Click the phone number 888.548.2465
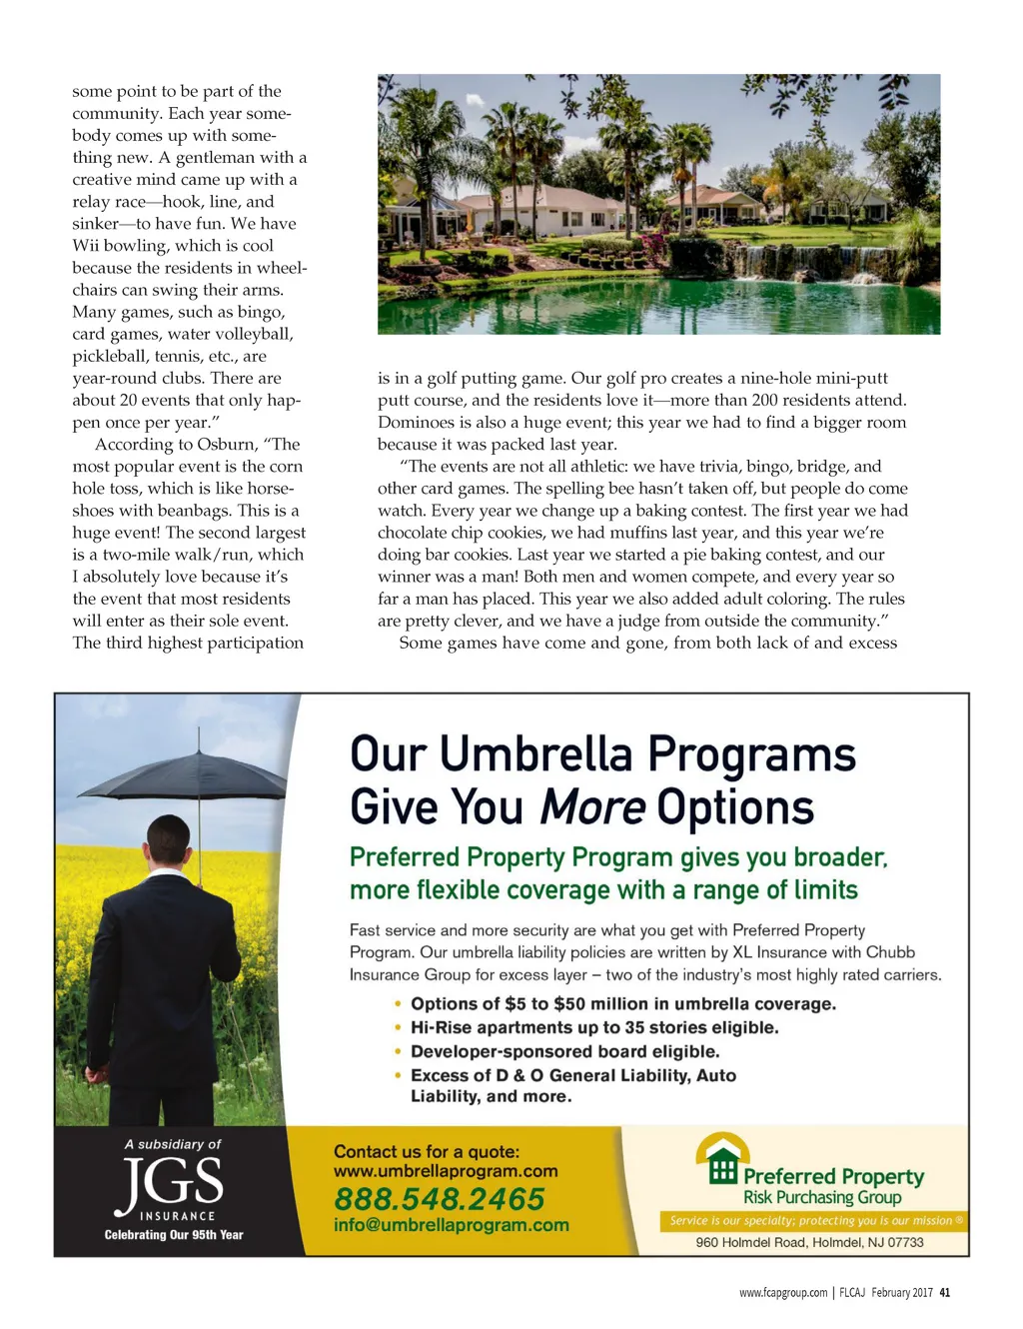click(439, 1198)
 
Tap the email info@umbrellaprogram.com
click(451, 1225)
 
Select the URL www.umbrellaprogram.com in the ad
click(446, 1171)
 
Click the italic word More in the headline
click(592, 807)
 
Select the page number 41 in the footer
click(945, 1292)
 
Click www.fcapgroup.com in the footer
click(782, 1292)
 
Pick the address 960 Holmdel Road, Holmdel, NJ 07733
click(809, 1242)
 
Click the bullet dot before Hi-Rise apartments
click(399, 1027)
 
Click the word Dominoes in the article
click(414, 423)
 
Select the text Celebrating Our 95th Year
click(174, 1235)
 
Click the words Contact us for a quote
click(427, 1151)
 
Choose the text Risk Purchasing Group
click(821, 1197)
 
